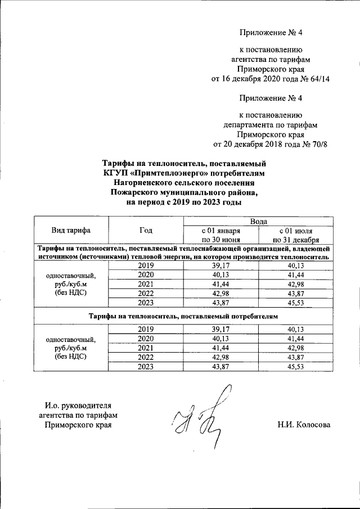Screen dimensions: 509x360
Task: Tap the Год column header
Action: pos(146,230)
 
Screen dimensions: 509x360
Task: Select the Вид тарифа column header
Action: pos(71,230)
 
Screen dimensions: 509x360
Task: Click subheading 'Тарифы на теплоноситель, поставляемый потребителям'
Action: pos(184,317)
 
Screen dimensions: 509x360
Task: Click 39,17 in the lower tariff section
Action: pos(221,329)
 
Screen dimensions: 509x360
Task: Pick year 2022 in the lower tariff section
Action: pos(146,357)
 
